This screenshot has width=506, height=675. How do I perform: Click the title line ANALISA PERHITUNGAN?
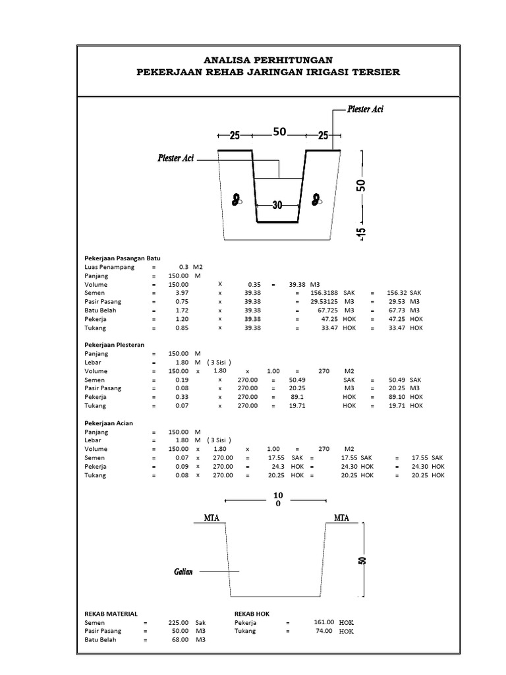point(267,60)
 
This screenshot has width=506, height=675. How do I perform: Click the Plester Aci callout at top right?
point(365,109)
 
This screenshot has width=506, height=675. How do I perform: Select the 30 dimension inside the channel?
point(277,205)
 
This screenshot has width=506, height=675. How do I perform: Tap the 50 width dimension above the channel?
point(279,132)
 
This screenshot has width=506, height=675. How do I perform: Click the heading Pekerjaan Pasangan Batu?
point(123,258)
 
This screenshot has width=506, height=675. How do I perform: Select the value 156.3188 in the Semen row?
point(318,293)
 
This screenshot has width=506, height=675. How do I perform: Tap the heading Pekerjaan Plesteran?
point(115,345)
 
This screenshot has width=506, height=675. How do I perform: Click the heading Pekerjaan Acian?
point(109,423)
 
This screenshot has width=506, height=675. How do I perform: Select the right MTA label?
point(341,517)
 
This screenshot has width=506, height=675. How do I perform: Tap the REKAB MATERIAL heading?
point(111,614)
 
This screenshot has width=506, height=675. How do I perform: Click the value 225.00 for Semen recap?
point(179,622)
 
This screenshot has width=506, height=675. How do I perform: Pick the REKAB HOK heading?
point(252,614)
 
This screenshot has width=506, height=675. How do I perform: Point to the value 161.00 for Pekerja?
point(324,622)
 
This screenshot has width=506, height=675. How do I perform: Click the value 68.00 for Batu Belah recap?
point(180,639)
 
